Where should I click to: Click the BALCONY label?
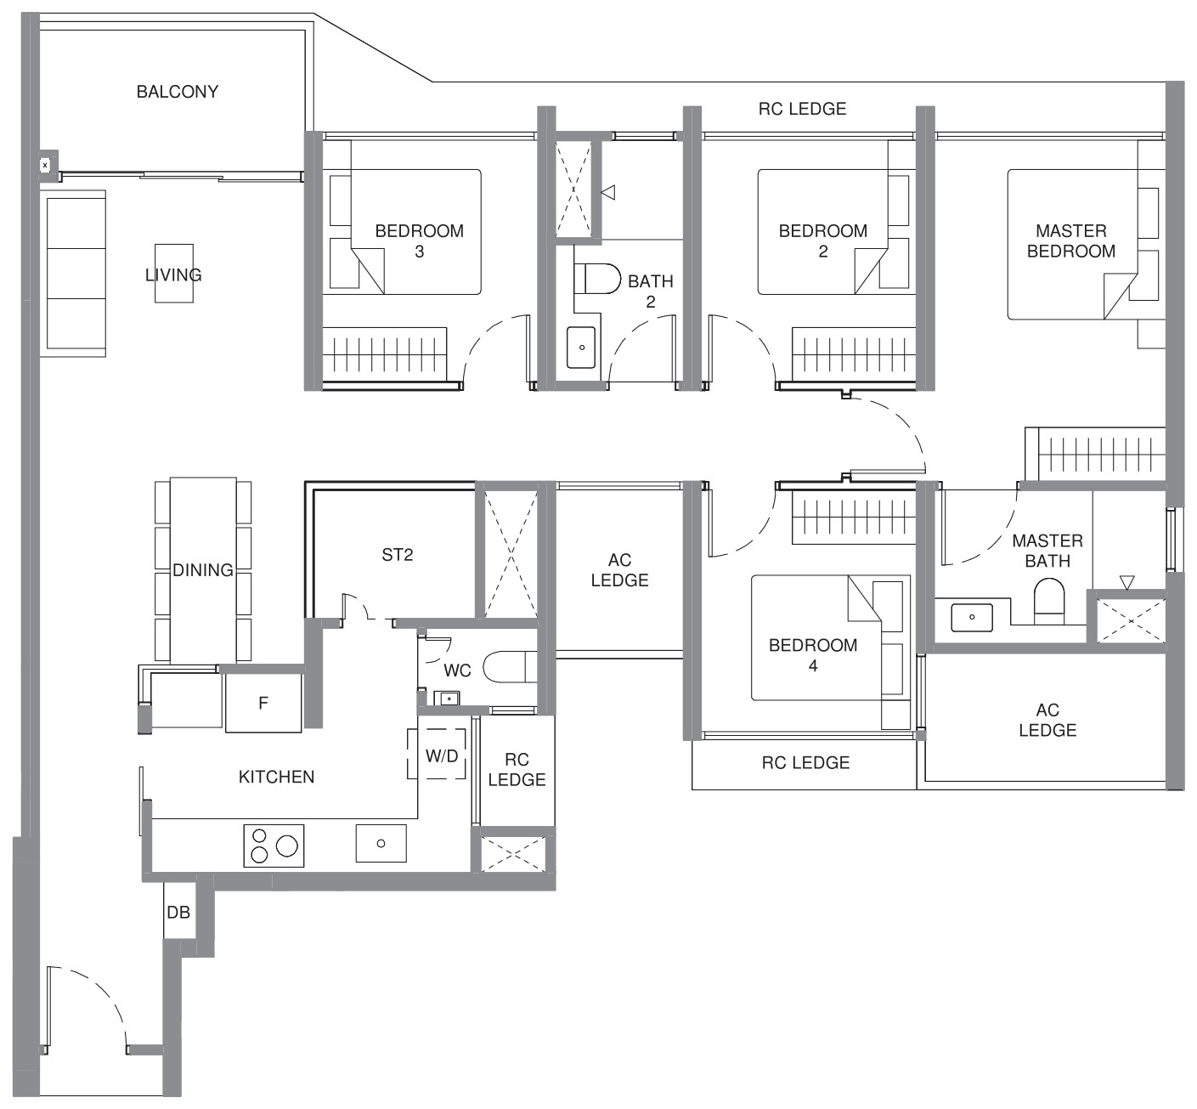click(178, 92)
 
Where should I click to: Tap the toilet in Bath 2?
click(597, 279)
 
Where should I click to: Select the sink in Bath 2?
click(581, 348)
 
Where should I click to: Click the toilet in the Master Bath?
click(1049, 601)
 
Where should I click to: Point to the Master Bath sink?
click(972, 618)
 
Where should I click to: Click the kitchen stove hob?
click(274, 846)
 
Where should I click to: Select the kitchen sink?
click(381, 843)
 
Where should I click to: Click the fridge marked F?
click(263, 703)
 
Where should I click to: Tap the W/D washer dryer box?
click(442, 754)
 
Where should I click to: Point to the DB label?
click(178, 913)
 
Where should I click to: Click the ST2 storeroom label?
click(398, 555)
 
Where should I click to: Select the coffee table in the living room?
click(174, 273)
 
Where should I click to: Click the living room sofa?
click(76, 273)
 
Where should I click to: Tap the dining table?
click(203, 570)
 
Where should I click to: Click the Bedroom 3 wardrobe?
click(385, 354)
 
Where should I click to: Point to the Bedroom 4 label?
click(813, 655)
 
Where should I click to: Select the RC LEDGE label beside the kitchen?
click(517, 769)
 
